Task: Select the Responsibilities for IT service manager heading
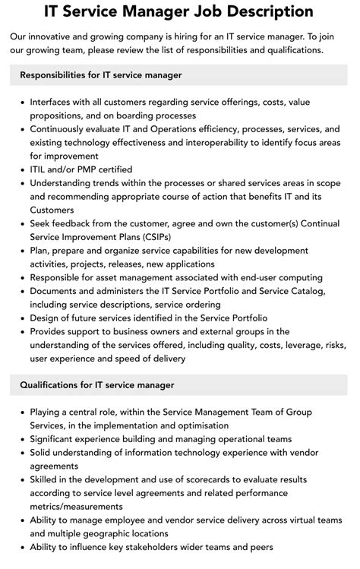(101, 75)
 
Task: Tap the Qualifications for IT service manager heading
(97, 385)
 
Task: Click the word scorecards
(201, 479)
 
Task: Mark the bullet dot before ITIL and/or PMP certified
(21, 169)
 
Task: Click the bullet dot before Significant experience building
(21, 439)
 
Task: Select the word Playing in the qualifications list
(47, 412)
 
